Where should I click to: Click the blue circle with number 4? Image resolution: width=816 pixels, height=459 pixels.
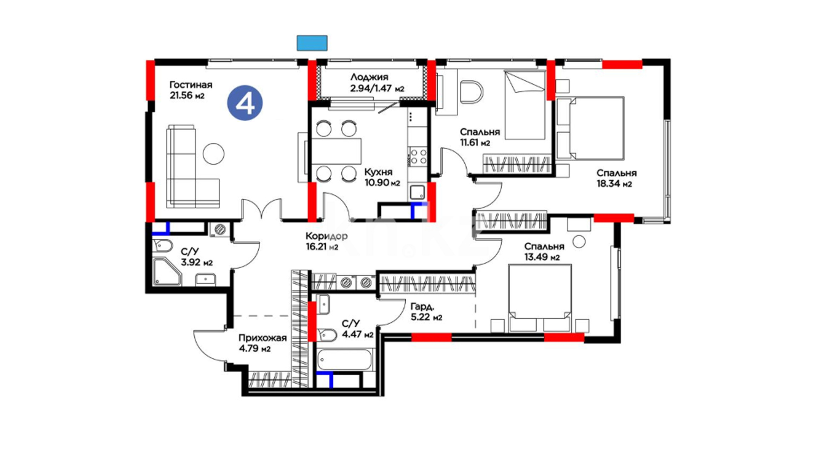tap(245, 103)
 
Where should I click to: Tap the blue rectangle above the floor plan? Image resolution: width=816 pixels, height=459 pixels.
tap(312, 43)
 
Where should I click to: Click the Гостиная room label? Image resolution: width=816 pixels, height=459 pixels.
tap(191, 85)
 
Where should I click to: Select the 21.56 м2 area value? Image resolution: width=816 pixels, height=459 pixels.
tap(187, 96)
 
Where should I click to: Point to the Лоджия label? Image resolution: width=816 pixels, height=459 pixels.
tap(369, 77)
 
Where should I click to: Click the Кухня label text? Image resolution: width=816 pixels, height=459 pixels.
tap(378, 172)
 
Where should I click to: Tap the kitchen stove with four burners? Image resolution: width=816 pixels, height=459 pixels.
tap(417, 156)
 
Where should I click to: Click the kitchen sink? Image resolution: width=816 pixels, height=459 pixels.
tap(417, 193)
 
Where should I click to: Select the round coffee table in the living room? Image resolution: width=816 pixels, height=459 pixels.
tap(213, 154)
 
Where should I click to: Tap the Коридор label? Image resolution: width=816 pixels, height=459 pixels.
tap(326, 236)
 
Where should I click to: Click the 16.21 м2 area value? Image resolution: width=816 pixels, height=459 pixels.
tap(322, 247)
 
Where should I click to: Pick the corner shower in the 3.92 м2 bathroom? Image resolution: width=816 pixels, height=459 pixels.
tap(167, 272)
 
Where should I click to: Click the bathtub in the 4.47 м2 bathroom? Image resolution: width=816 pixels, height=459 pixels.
tap(345, 360)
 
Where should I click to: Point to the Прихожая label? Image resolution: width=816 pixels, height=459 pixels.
tap(262, 338)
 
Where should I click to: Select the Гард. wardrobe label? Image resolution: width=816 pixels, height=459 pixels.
tap(422, 306)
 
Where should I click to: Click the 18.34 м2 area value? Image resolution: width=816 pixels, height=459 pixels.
tap(614, 184)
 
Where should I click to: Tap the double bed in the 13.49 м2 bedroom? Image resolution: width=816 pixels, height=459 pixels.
tap(540, 297)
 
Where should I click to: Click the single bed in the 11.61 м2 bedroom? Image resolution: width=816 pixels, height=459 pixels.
tap(525, 105)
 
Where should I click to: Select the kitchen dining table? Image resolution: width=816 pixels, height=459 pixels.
tap(336, 151)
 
